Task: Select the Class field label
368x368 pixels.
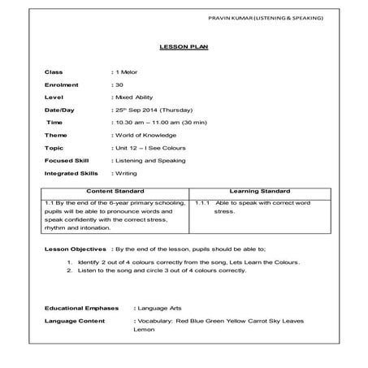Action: [x=54, y=73]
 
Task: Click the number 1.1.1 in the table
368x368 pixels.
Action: [x=204, y=201]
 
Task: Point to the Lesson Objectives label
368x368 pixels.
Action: [x=74, y=248]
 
